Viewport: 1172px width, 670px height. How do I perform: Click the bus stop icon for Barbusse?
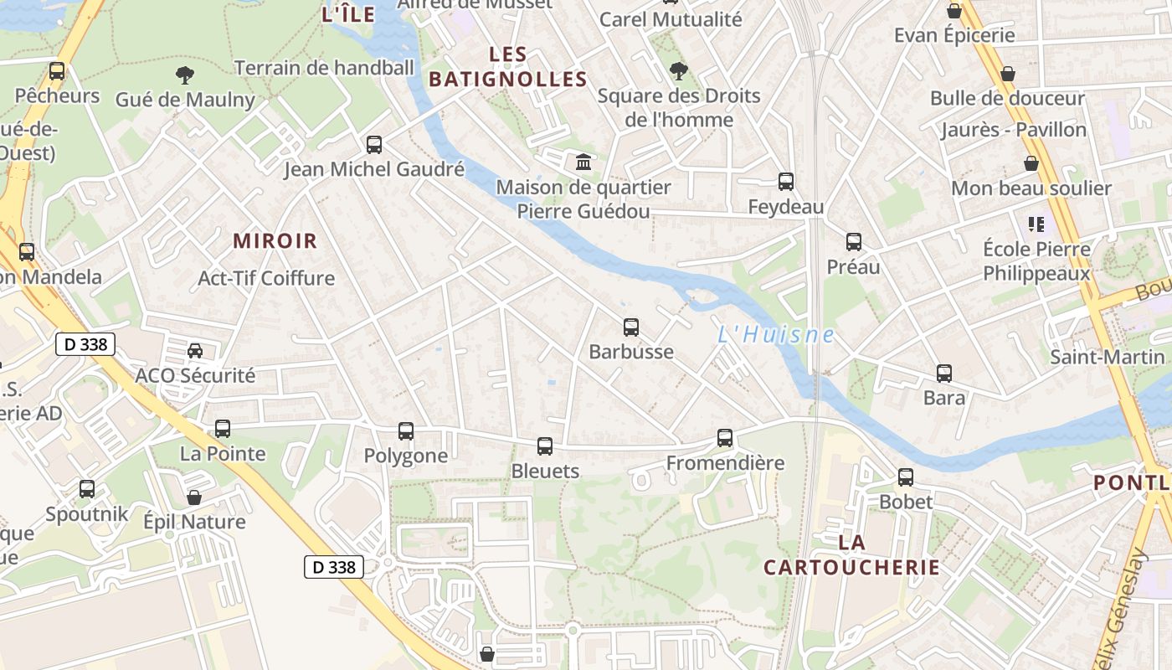tap(631, 327)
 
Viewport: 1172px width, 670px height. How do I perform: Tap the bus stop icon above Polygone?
tap(406, 431)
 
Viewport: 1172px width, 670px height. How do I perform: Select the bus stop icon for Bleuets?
tap(545, 446)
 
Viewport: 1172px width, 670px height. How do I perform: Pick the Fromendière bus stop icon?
tap(725, 438)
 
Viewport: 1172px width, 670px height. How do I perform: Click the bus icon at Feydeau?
tap(786, 182)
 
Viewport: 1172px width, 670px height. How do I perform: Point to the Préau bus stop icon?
tap(854, 242)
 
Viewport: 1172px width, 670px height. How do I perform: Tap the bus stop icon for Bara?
tap(944, 374)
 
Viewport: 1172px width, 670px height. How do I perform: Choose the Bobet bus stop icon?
tap(906, 477)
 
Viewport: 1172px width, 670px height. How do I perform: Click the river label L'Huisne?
tap(776, 335)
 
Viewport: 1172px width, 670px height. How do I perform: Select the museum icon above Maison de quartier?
tap(583, 161)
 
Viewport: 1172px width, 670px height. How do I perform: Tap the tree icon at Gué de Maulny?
tap(185, 75)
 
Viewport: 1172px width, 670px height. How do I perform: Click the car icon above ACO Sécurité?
tap(195, 351)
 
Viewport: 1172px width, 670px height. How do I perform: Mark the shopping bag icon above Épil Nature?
tap(194, 497)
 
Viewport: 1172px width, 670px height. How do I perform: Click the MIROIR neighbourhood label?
tap(275, 241)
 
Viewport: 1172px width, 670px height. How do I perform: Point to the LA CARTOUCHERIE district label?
tap(851, 554)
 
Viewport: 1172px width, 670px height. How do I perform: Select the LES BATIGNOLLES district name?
tap(507, 67)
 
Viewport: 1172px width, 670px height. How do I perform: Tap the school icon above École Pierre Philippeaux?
tap(1036, 224)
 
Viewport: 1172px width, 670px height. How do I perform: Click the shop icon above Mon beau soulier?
tap(1031, 163)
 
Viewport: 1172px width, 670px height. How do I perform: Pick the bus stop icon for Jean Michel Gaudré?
tap(374, 145)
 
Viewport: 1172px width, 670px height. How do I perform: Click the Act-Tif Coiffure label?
tap(266, 278)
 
